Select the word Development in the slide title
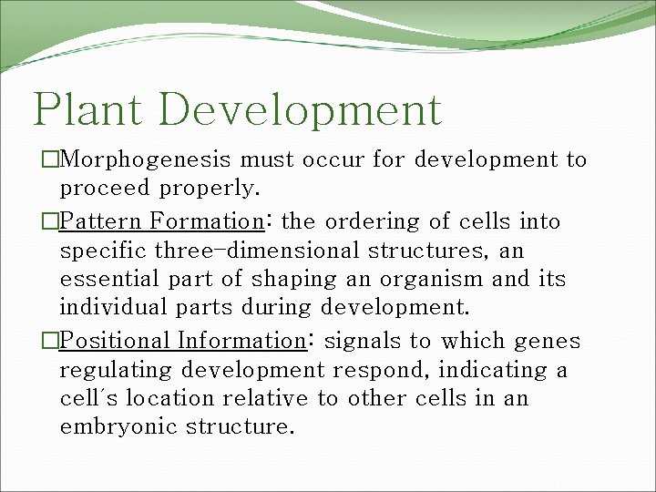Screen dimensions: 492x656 click(304, 109)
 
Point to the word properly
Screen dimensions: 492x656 click(212, 190)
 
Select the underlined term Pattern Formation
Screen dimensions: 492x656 click(160, 221)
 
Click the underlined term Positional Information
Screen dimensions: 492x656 click(180, 341)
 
